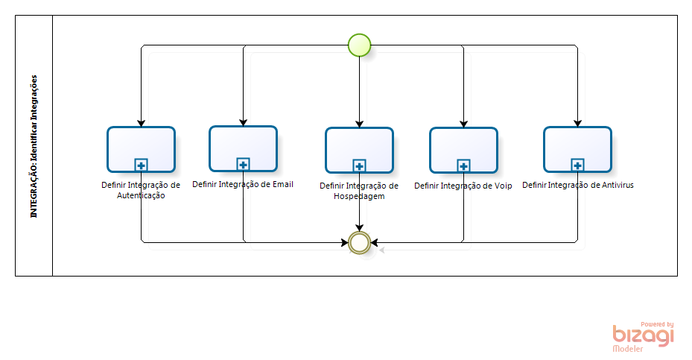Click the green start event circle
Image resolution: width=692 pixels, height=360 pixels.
tap(359, 45)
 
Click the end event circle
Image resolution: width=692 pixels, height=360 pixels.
tap(359, 242)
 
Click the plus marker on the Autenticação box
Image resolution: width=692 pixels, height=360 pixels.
tap(141, 165)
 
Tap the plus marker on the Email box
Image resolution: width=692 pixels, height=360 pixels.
tap(243, 164)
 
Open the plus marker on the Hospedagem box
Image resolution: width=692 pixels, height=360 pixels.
tap(359, 166)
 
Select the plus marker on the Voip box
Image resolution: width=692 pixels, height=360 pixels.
tap(463, 166)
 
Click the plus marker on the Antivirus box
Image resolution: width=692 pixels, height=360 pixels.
tap(577, 165)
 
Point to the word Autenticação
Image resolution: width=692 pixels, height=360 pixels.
tap(141, 196)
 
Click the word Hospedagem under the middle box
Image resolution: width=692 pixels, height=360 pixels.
tap(359, 197)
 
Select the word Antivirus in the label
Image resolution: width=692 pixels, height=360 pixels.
tap(615, 185)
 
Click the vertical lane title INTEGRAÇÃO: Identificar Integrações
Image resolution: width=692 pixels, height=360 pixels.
tap(34, 145)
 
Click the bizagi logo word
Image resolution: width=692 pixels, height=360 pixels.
tap(643, 335)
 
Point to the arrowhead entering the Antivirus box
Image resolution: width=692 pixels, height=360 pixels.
tap(577, 123)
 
